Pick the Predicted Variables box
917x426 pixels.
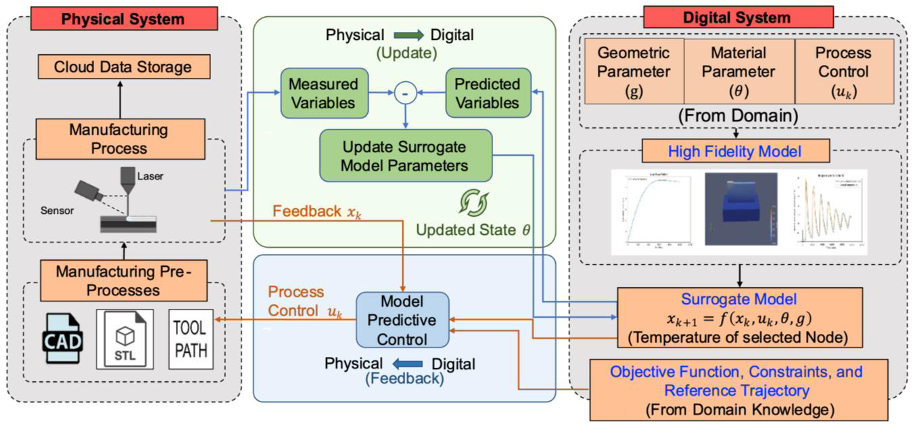coord(487,94)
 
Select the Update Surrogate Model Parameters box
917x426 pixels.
coord(405,156)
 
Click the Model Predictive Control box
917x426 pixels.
coord(403,320)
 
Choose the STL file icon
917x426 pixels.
coord(125,339)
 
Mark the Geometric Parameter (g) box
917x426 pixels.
coord(634,71)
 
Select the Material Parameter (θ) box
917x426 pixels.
coord(738,71)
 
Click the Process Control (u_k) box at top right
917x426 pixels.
coord(843,71)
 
